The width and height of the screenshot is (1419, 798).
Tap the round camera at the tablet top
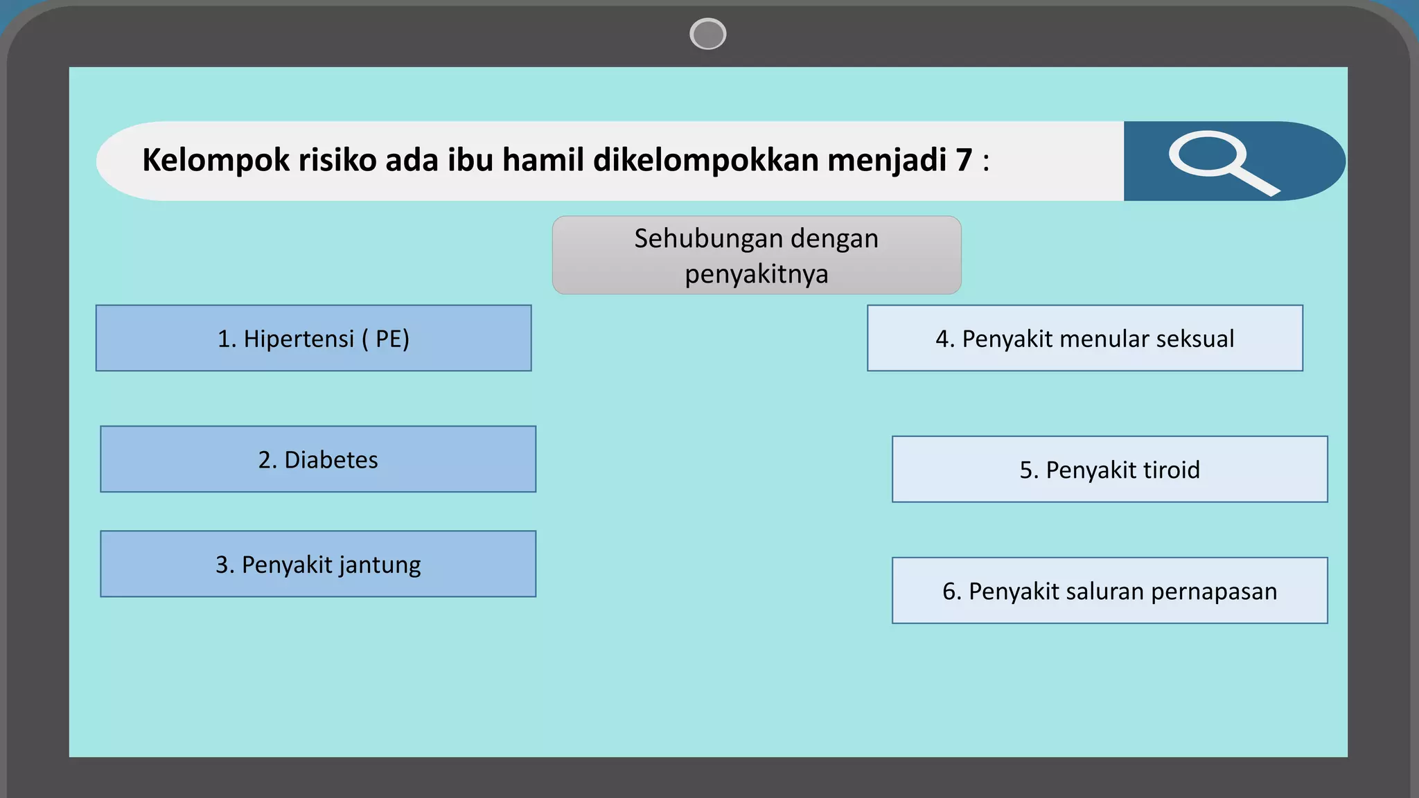tap(708, 34)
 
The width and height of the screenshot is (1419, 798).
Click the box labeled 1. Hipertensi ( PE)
tap(314, 338)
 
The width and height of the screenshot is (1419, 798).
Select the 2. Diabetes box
tap(318, 459)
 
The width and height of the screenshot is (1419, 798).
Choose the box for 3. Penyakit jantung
tap(318, 564)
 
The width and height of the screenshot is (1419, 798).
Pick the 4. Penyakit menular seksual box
tap(1085, 338)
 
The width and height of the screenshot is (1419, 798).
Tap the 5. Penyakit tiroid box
tap(1110, 469)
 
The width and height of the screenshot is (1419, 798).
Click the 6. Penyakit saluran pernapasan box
tap(1110, 591)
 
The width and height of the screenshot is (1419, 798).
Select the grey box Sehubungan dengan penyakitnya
tap(757, 255)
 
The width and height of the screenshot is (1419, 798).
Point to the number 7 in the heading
tap(964, 160)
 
